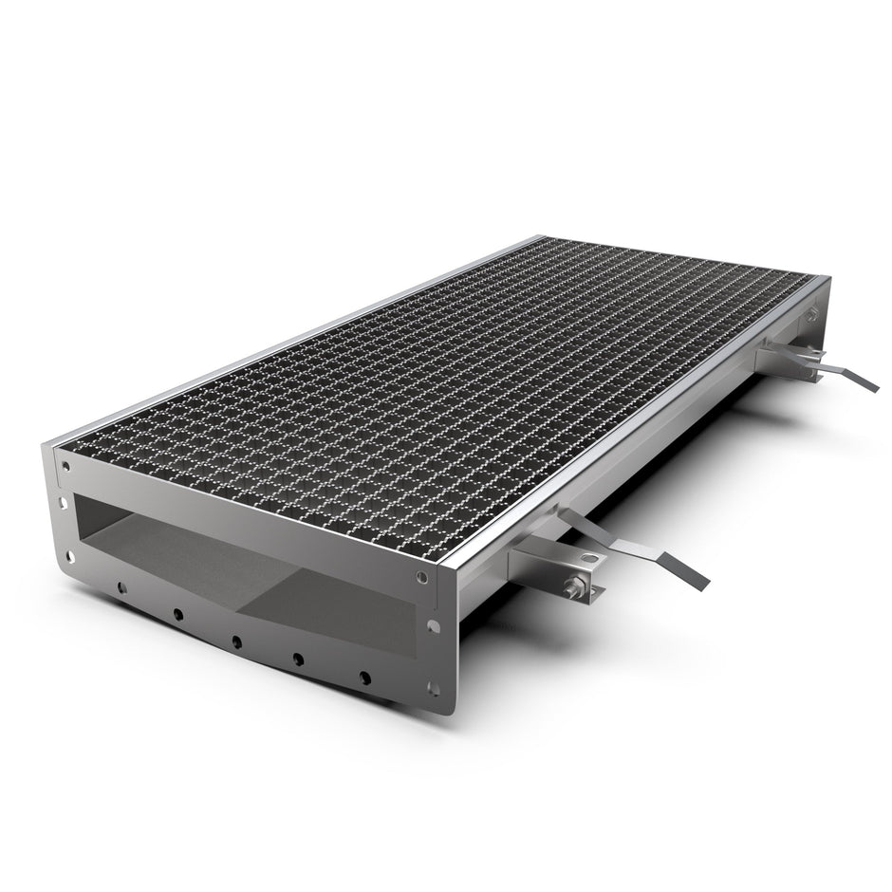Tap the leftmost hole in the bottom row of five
coord(121,589)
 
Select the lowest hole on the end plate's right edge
coord(436,689)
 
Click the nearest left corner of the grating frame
coord(53,442)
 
